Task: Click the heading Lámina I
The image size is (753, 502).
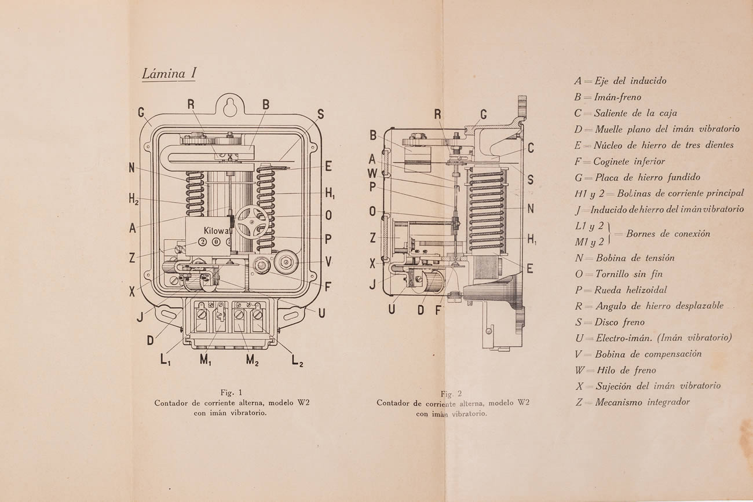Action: tap(169, 74)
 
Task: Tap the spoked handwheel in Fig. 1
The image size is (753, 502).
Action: tap(250, 219)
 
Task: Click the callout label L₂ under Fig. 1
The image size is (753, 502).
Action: tap(297, 361)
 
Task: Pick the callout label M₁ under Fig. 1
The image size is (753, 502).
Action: tap(206, 360)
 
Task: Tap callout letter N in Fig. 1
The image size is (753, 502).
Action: tap(132, 168)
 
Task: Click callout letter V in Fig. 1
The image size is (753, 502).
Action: tap(328, 261)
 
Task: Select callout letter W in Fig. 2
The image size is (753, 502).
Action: tap(372, 173)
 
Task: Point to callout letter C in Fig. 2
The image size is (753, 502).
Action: tap(531, 148)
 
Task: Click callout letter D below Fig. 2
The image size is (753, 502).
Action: tap(421, 310)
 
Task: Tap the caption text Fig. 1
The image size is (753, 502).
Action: tap(235, 392)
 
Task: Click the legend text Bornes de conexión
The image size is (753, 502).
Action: tap(667, 234)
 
